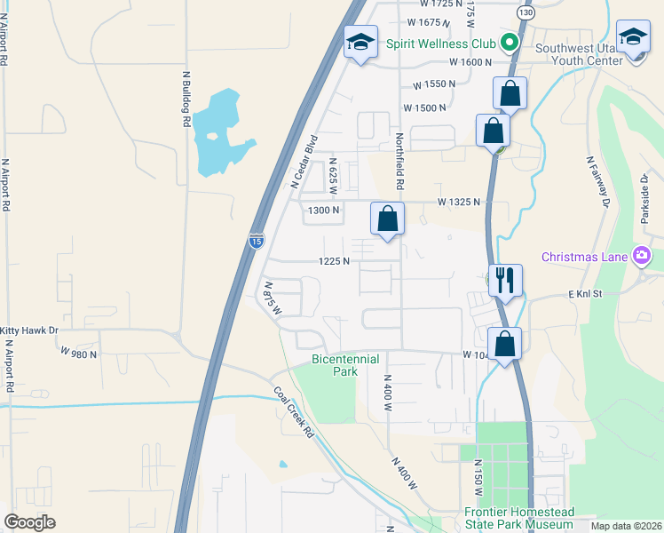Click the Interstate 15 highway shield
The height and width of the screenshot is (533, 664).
tap(256, 240)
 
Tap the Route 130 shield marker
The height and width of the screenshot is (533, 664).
tap(526, 14)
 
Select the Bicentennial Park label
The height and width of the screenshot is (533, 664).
tap(345, 365)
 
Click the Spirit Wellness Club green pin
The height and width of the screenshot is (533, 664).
tap(509, 41)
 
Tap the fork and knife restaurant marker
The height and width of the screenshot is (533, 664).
tap(504, 282)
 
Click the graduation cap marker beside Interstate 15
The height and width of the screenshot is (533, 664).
tap(360, 43)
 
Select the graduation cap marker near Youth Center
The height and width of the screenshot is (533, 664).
tap(633, 37)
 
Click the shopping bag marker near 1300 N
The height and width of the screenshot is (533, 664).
tap(387, 219)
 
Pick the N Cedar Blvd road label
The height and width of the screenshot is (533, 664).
tap(304, 162)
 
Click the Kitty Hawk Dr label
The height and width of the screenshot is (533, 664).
tap(29, 330)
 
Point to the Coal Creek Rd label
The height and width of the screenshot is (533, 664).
tap(294, 412)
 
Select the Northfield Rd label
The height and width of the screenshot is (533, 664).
tap(399, 161)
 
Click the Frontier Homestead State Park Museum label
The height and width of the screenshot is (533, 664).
tap(519, 519)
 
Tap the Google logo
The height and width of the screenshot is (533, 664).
tap(30, 522)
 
